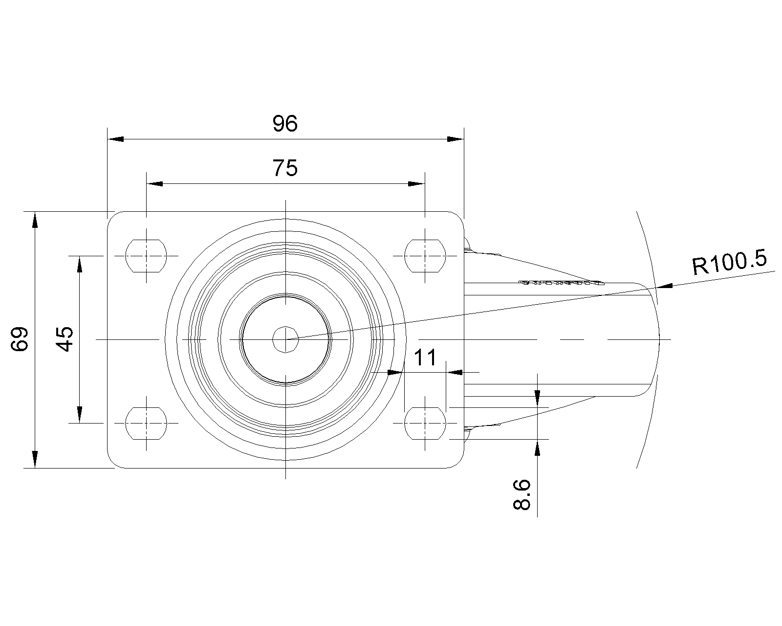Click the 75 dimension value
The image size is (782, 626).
pos(285,168)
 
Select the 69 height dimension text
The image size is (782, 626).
pos(19,339)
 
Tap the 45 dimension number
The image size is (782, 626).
pos(65,339)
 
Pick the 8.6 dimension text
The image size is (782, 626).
pos(522,494)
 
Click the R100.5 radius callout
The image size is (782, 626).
pos(730,262)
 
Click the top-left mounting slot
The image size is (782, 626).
pos(146,256)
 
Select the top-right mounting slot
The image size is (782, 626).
pos(425,256)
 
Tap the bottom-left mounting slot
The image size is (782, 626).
pos(146,423)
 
